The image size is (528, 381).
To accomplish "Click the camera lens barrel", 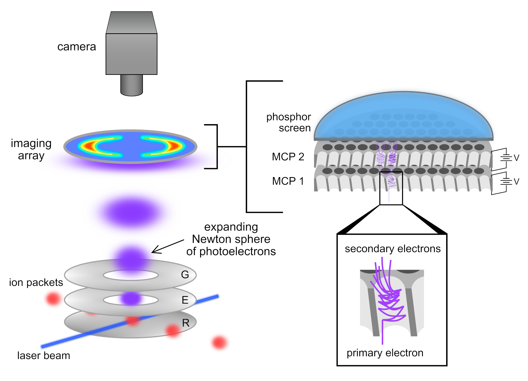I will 131,85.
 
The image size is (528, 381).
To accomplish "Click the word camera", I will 77,47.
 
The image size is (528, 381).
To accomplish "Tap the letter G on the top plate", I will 185,275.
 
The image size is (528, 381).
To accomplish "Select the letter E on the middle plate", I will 185,300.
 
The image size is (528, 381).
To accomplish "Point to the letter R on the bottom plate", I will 186,323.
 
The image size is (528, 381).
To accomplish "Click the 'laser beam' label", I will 44,356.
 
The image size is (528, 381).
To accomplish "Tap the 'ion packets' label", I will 36,282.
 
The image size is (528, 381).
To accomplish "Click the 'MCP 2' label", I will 288,157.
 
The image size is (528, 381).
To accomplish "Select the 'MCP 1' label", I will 288,181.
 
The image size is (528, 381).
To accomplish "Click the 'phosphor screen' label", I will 289,122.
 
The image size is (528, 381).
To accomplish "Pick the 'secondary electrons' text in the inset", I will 393,249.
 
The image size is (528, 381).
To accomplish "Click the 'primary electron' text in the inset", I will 385,353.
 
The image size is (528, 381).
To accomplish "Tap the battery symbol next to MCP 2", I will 506,158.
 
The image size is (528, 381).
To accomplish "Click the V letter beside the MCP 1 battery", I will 516,182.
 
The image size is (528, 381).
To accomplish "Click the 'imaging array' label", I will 31,149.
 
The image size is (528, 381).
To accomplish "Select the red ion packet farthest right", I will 219,343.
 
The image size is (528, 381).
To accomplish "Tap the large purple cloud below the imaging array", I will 131,212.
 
